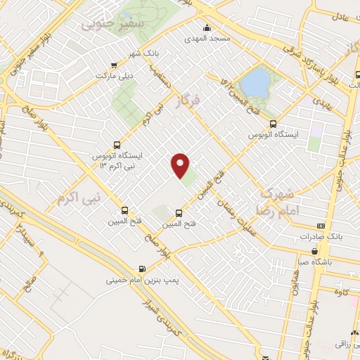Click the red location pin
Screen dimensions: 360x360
pos(181,165)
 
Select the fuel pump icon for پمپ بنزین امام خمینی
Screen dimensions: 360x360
pos(143,268)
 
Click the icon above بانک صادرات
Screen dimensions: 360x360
pos(321,226)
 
